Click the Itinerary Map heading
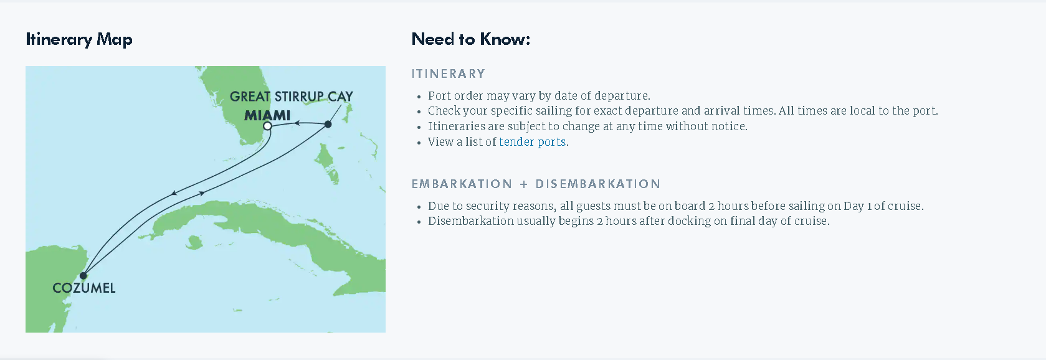tap(79, 40)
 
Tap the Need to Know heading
tap(471, 39)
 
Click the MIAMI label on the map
tap(267, 115)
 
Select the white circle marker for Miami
tap(267, 126)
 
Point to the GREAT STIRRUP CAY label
tap(292, 96)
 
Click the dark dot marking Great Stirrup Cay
tap(328, 124)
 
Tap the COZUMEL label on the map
tap(84, 288)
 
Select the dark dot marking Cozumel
tap(83, 275)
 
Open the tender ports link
tap(532, 141)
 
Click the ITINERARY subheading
tap(449, 73)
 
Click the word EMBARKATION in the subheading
tap(462, 184)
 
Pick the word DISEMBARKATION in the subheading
tap(597, 184)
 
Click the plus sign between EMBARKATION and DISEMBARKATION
tap(524, 184)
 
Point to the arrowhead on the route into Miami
tap(297, 123)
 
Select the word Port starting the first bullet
tap(439, 96)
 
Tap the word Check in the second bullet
tap(442, 111)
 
